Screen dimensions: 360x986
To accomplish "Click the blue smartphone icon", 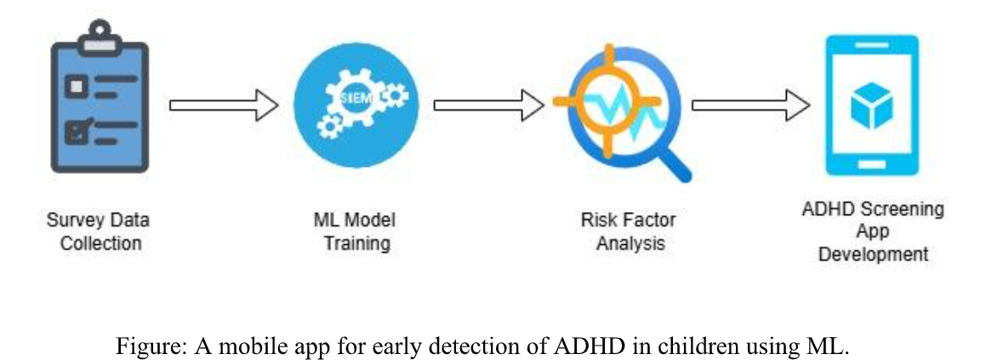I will (873, 106).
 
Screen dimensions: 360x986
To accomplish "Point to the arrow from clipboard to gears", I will (223, 106).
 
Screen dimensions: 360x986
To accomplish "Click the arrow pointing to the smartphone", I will (749, 106).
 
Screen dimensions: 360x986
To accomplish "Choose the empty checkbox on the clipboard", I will (77, 86).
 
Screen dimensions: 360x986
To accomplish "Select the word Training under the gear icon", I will (356, 243).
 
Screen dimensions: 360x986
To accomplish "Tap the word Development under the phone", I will (873, 254).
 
